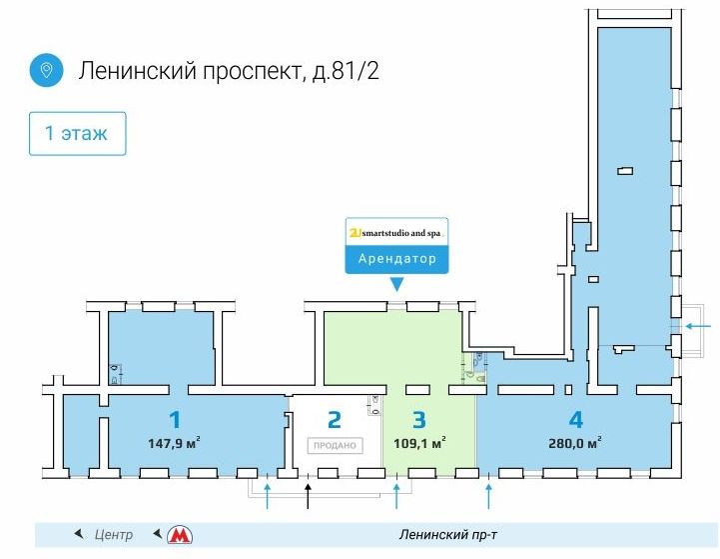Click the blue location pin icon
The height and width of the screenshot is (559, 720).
(x=46, y=70)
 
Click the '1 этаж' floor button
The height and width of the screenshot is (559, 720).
(x=77, y=133)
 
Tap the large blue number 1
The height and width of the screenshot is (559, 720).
(x=175, y=420)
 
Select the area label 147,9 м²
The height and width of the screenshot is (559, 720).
(x=174, y=443)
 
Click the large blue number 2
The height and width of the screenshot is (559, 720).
(x=335, y=420)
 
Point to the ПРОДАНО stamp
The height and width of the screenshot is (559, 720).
(x=335, y=445)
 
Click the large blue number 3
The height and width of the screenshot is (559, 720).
(x=419, y=420)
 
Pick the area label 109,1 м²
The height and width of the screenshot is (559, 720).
(x=419, y=443)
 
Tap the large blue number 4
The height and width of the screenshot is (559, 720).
(x=576, y=420)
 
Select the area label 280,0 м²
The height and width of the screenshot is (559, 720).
(x=575, y=443)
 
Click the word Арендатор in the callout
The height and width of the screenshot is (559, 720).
(x=397, y=258)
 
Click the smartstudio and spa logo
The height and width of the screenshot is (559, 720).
(x=396, y=233)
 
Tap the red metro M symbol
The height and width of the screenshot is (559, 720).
(x=180, y=535)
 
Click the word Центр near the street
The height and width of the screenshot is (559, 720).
(x=114, y=535)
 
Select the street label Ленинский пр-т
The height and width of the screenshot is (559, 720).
(x=447, y=535)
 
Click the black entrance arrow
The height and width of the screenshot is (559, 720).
(x=309, y=496)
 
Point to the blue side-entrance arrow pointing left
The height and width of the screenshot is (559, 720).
(x=698, y=326)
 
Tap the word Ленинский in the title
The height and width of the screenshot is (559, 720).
(x=138, y=71)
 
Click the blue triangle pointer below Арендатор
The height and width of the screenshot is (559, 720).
(x=396, y=285)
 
